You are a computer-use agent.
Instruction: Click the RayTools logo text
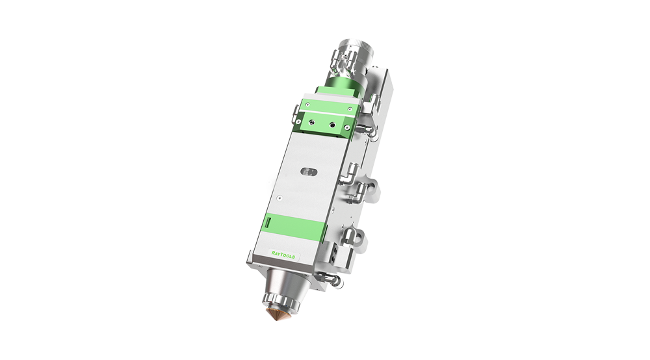pyautogui.click(x=283, y=255)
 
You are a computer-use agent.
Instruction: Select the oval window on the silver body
pyautogui.click(x=308, y=172)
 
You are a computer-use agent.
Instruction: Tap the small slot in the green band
pyautogui.click(x=268, y=222)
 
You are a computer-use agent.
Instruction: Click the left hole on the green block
pyautogui.click(x=312, y=123)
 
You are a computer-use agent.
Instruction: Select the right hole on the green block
pyautogui.click(x=332, y=124)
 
